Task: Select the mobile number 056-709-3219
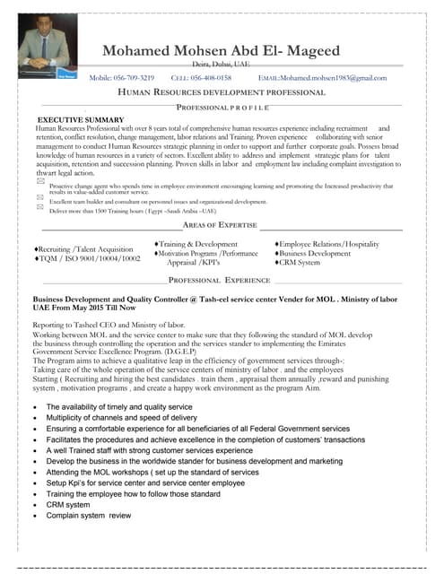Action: (122, 78)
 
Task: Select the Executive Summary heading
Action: (80, 119)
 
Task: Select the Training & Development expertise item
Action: (196, 244)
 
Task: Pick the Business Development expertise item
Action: (315, 254)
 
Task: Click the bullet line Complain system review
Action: (89, 517)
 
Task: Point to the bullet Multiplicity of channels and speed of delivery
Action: (121, 418)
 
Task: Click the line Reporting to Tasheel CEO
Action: (112, 324)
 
